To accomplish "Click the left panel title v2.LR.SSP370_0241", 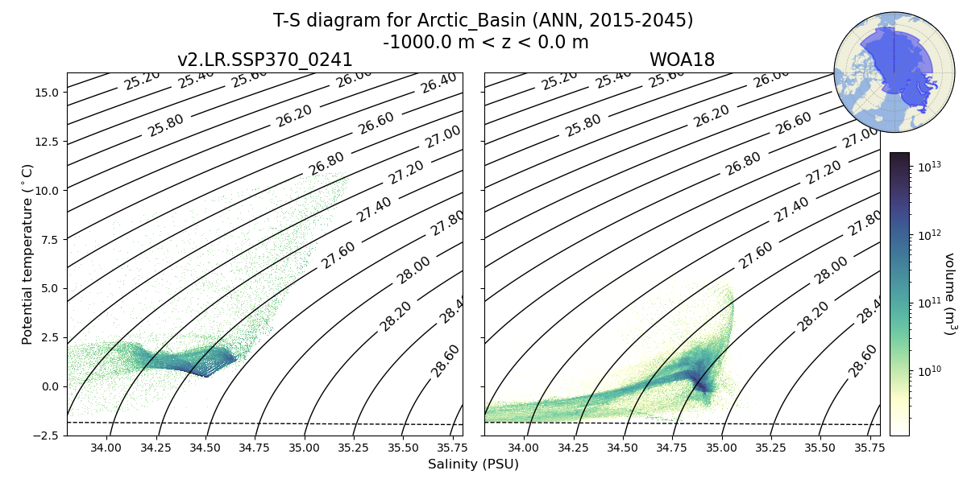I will (264, 60).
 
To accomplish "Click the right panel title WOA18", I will (682, 60).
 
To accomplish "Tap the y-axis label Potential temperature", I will (28, 254).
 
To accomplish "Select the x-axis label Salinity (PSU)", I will (473, 464).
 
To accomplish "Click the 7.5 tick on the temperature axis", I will (48, 240).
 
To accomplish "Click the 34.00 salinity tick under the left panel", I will (106, 448).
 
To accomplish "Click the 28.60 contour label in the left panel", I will (445, 360).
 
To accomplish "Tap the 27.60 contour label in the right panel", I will (756, 254).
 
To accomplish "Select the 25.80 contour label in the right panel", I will (583, 126).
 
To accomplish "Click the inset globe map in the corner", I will (882, 72).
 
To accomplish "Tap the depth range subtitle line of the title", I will (485, 42).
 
